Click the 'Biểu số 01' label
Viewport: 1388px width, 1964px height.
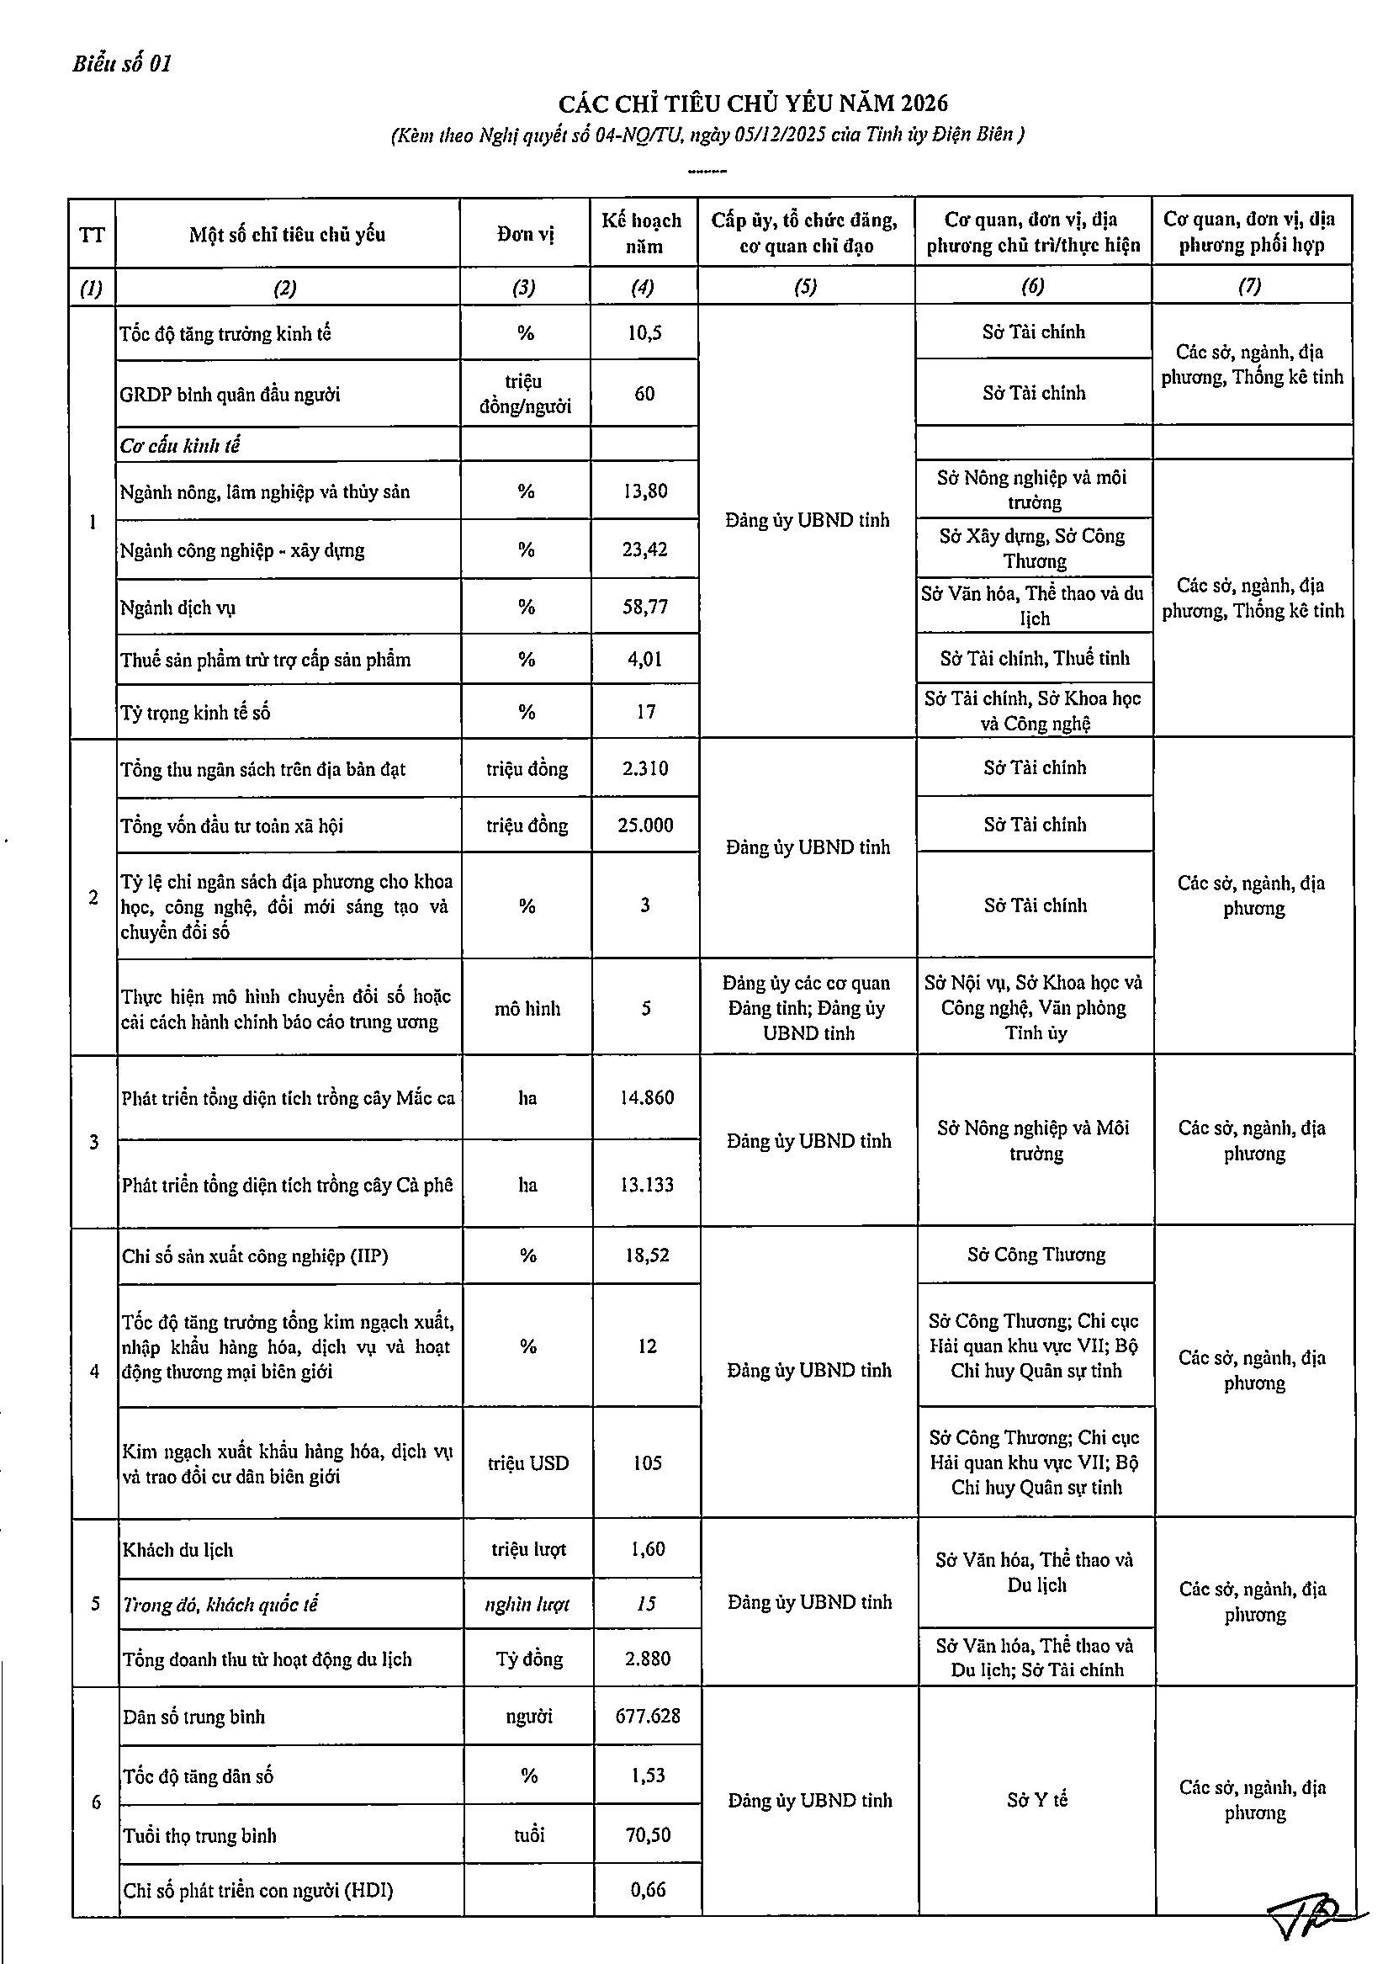(x=122, y=64)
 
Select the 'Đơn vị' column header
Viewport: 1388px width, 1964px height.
(x=525, y=235)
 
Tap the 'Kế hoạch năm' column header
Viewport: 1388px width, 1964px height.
(x=642, y=234)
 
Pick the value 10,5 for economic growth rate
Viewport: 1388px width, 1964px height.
(x=644, y=332)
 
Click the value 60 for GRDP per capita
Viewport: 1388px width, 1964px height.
(x=644, y=394)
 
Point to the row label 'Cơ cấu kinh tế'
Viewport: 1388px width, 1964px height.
(x=181, y=446)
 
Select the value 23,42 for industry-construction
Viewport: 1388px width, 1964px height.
(x=645, y=549)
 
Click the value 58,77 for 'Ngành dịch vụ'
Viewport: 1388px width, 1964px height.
(x=645, y=607)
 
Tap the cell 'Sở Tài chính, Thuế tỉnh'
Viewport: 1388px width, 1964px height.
(x=1034, y=658)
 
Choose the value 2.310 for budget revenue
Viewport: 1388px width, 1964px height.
(x=645, y=768)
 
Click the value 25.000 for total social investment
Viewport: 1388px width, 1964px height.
(x=645, y=825)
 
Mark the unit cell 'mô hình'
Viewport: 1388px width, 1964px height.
(x=527, y=1009)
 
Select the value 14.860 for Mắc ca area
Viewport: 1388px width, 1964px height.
(x=647, y=1097)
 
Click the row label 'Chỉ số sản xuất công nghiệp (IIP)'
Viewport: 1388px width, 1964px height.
(x=255, y=1255)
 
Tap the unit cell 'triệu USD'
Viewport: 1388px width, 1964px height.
(x=527, y=1462)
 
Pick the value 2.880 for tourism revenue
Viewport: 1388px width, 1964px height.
(x=648, y=1659)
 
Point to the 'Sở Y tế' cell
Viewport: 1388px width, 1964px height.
(x=1036, y=1800)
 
